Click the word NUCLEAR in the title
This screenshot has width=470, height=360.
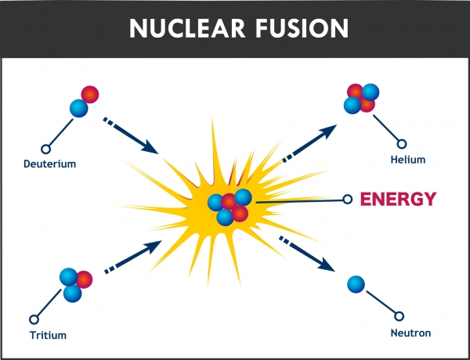click(188, 28)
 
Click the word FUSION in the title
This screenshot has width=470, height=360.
click(302, 28)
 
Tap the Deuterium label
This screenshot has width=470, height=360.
click(50, 164)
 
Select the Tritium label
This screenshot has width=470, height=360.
click(48, 335)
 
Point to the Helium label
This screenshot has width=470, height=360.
click(408, 160)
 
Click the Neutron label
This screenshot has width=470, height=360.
click(410, 333)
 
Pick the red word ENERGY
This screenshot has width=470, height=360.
click(398, 199)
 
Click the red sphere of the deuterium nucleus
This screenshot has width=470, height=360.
click(90, 95)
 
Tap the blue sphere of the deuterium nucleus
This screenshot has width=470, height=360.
click(79, 108)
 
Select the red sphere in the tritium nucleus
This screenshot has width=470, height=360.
click(85, 279)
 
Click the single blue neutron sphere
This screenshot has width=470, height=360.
click(356, 284)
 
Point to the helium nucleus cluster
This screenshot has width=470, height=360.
click(361, 99)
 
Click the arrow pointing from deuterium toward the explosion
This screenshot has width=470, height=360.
click(130, 135)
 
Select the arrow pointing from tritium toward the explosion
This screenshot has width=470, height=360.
click(133, 257)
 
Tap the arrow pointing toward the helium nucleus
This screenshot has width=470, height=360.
click(309, 144)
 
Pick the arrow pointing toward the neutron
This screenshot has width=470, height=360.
click(306, 254)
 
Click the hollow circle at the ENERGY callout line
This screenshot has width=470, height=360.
click(347, 199)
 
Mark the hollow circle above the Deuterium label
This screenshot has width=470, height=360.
click(45, 149)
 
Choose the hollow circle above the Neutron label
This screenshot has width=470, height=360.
click(399, 316)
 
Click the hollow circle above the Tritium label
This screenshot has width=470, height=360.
click(34, 319)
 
